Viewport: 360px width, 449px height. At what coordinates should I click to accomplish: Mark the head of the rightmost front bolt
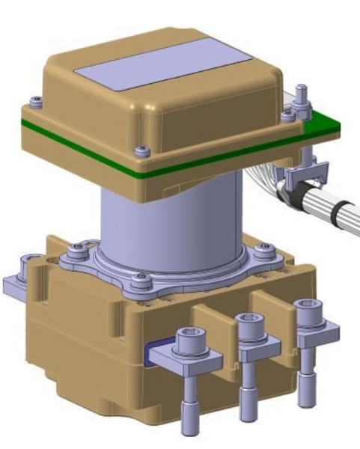[304, 306]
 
